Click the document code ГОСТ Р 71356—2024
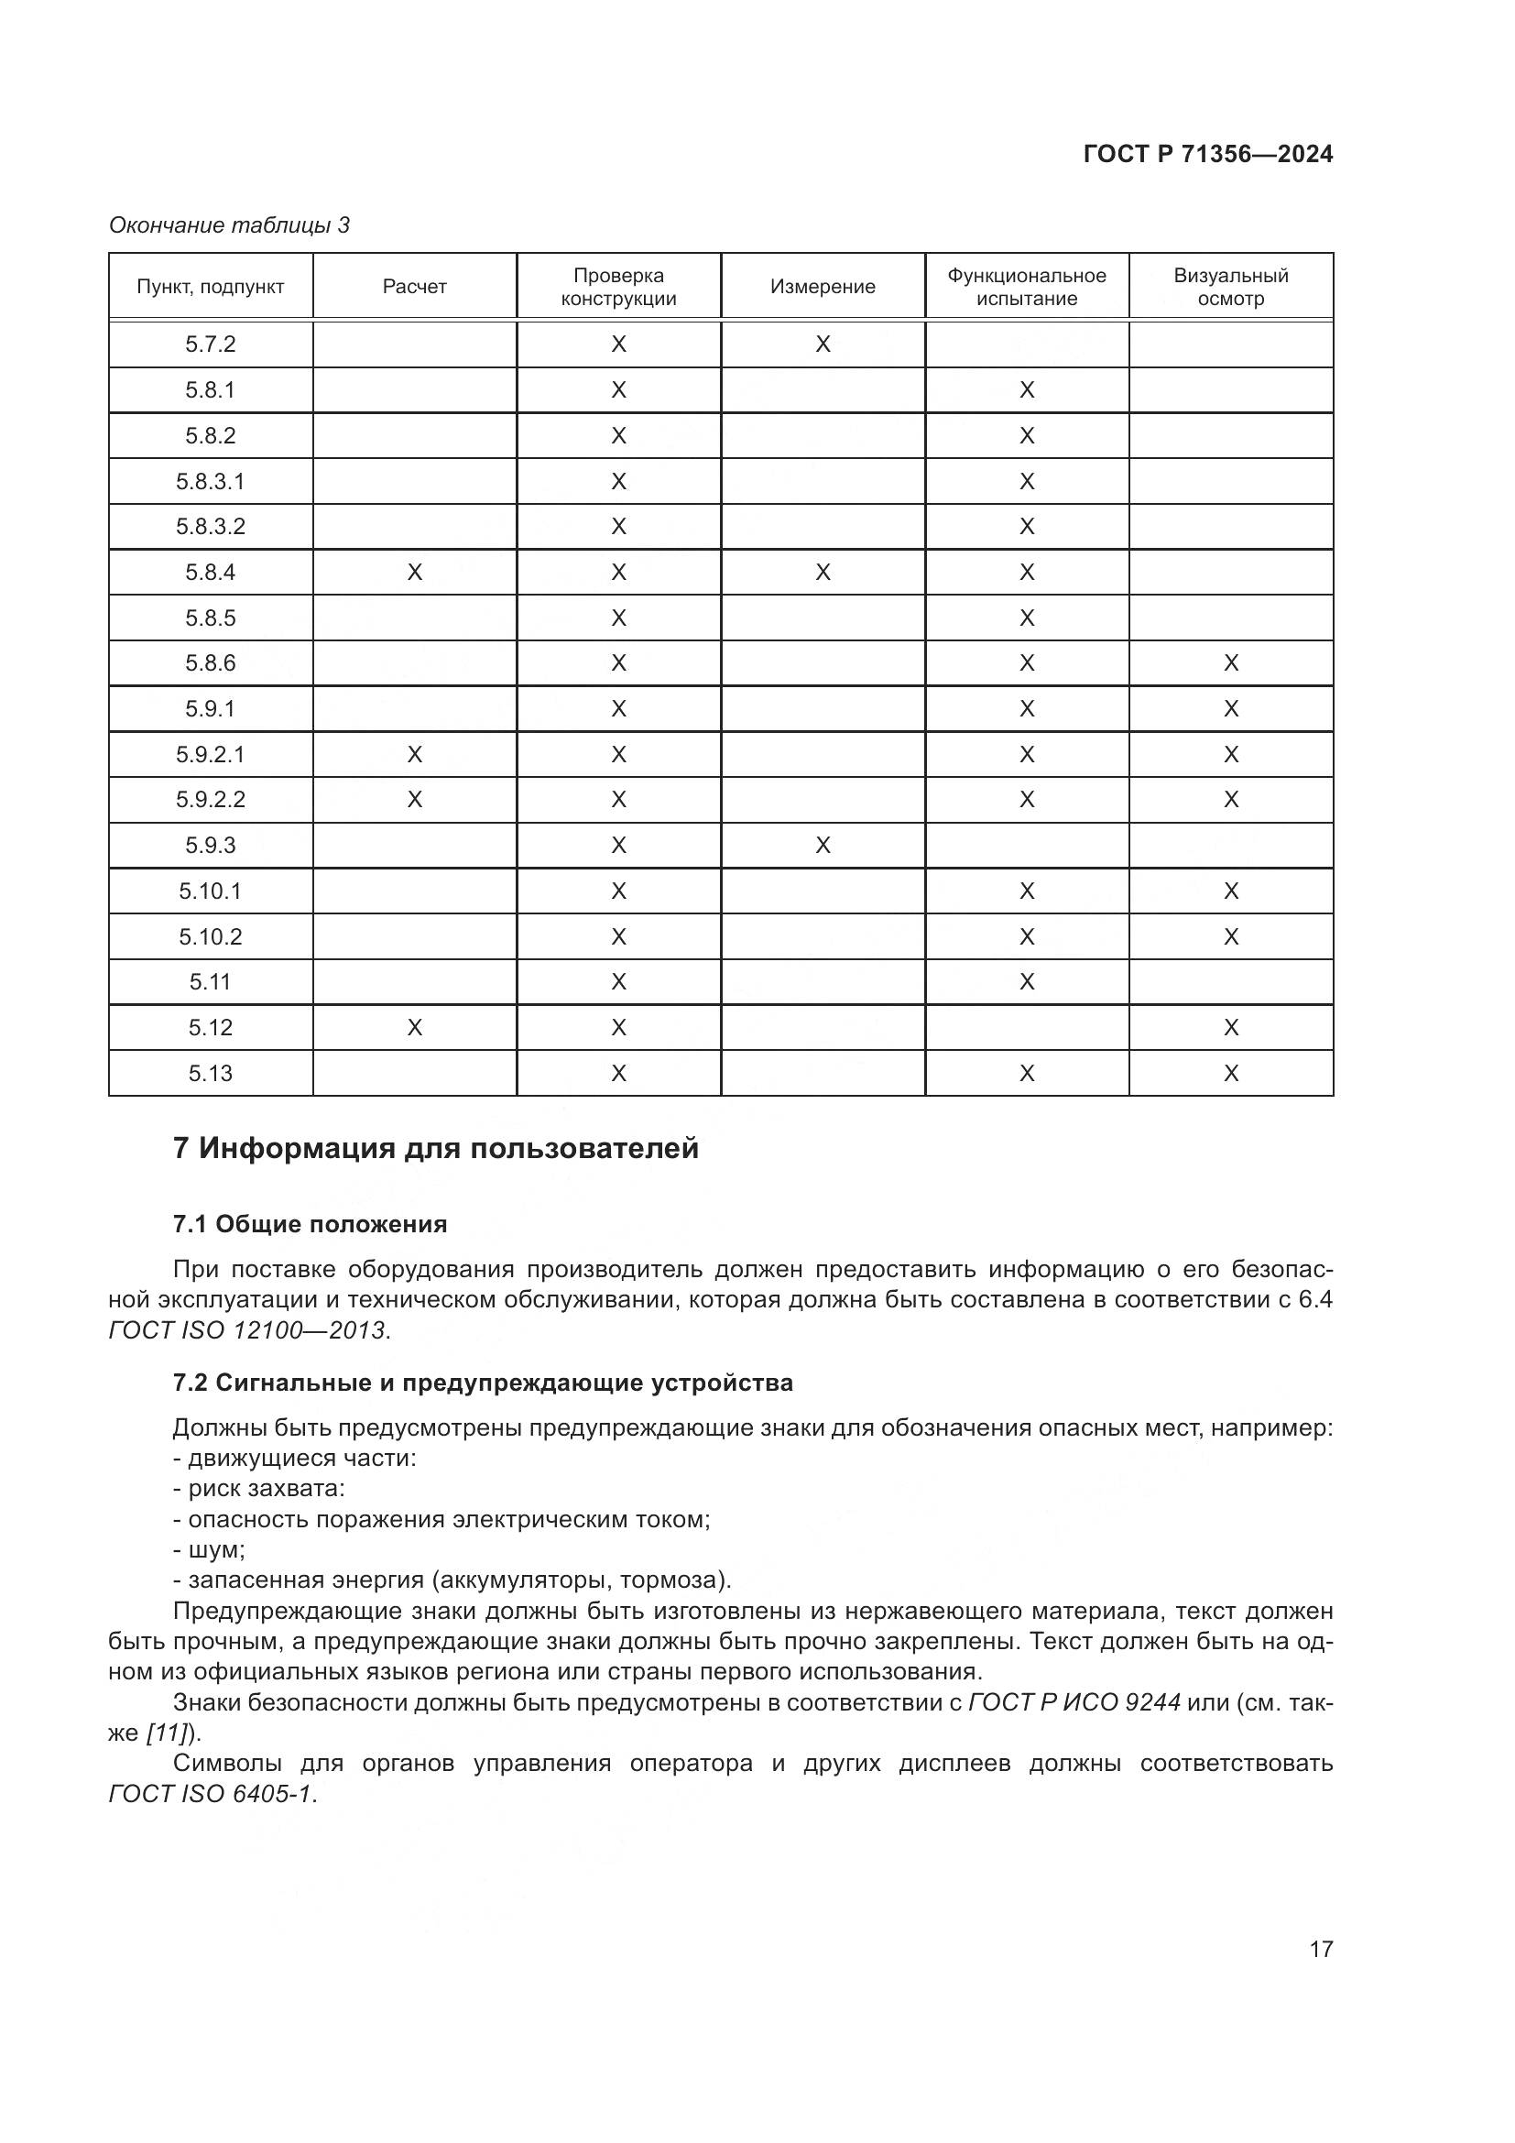(1207, 154)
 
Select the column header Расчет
(414, 287)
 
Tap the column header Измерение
(822, 287)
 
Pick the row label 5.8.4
(210, 572)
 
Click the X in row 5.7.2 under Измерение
(822, 344)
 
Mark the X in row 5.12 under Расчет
(414, 1028)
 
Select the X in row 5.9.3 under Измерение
(822, 846)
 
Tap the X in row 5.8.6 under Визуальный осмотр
(1230, 663)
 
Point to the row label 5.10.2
(210, 936)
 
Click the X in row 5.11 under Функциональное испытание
(1026, 982)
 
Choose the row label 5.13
(210, 1074)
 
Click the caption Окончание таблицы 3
(229, 225)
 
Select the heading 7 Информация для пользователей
(435, 1148)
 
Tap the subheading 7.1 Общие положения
(310, 1224)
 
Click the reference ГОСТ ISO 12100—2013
(247, 1330)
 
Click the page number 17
(1320, 1949)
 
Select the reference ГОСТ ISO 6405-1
(212, 1794)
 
